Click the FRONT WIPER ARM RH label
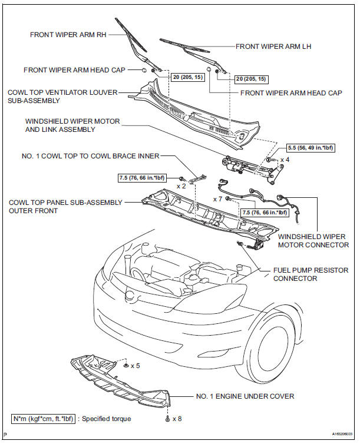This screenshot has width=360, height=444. pyautogui.click(x=65, y=35)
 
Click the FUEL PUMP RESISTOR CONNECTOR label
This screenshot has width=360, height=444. pyautogui.click(x=311, y=274)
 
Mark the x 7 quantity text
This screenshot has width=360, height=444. pyautogui.click(x=217, y=199)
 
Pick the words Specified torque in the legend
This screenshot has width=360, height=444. pyautogui.click(x=107, y=419)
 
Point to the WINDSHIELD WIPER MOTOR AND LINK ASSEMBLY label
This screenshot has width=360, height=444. pyautogui.click(x=72, y=125)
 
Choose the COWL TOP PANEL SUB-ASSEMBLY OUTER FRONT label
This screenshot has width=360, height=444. pyautogui.click(x=65, y=206)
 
